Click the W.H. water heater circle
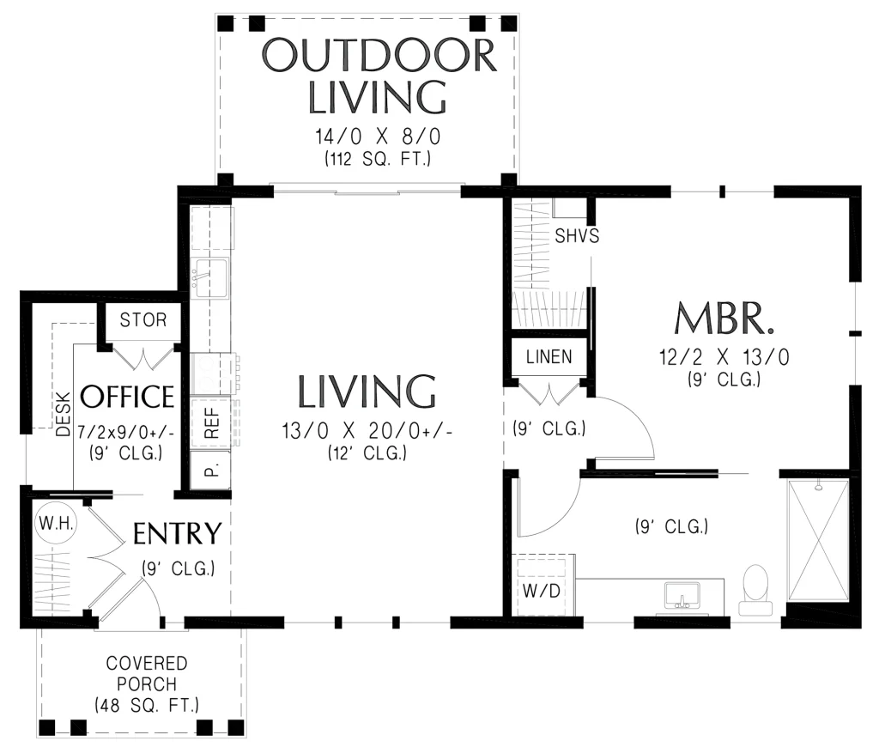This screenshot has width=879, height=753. click(x=56, y=524)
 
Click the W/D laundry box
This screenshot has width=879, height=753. click(x=542, y=584)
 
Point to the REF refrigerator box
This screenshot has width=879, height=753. click(x=210, y=422)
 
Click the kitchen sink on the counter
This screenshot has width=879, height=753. click(x=210, y=277)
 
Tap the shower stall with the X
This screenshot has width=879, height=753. click(x=818, y=541)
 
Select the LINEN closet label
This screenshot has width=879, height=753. click(x=549, y=356)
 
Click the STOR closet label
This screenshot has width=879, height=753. click(x=143, y=319)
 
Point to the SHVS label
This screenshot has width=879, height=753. click(x=577, y=235)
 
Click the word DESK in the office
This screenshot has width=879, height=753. click(x=64, y=414)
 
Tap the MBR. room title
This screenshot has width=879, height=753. click(x=724, y=318)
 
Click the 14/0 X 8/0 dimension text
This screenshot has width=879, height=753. click(x=378, y=137)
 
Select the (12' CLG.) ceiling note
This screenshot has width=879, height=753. click(x=367, y=452)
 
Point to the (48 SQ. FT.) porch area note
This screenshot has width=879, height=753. click(x=146, y=704)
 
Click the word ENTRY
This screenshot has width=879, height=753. click(x=177, y=533)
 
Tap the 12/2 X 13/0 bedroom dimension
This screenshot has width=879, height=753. click(x=724, y=356)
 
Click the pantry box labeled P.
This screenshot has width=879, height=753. click(x=210, y=470)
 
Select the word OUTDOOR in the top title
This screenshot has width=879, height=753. click(x=379, y=55)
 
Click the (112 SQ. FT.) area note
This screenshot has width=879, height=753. click(x=378, y=159)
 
